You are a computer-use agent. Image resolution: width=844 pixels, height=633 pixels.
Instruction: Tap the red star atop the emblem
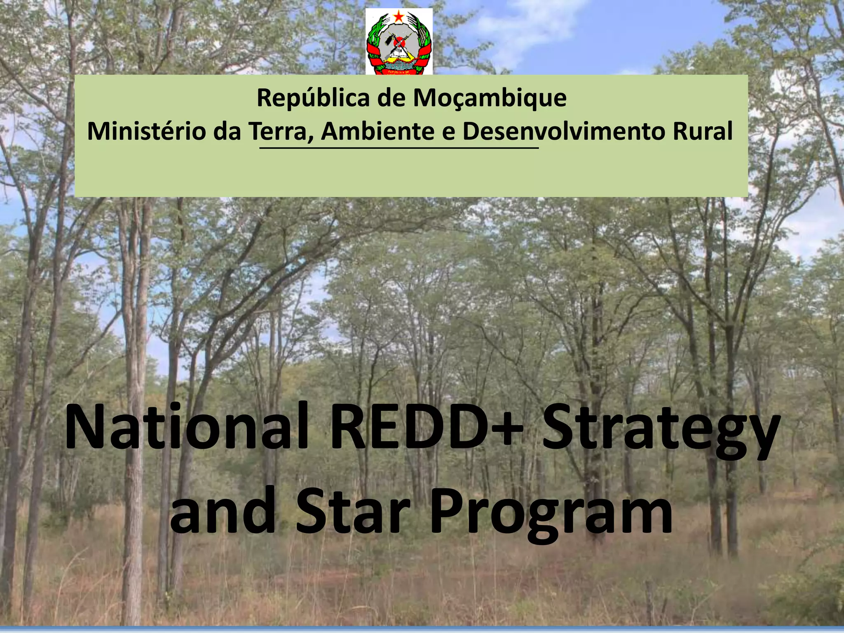(399, 17)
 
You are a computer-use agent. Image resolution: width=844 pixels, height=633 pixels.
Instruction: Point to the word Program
(551, 513)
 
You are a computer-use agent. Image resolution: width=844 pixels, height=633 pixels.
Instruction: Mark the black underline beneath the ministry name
(399, 148)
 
